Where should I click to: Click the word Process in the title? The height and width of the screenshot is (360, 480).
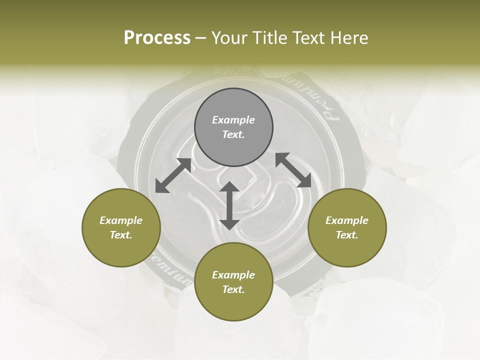(157, 38)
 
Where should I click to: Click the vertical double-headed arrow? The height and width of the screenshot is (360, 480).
(229, 205)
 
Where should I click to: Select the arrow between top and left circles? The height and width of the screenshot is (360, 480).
(173, 175)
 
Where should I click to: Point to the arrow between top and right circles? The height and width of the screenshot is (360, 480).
(293, 170)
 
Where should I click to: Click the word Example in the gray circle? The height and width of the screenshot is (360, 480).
(233, 120)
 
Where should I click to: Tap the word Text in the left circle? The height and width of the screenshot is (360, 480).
(121, 235)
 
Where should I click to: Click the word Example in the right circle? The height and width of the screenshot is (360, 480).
(347, 220)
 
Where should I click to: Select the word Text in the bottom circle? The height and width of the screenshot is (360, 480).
(233, 289)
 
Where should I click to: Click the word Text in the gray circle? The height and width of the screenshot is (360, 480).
(233, 134)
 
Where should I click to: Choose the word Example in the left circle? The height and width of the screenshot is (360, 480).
(121, 220)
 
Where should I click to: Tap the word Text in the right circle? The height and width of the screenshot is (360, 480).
(347, 235)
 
